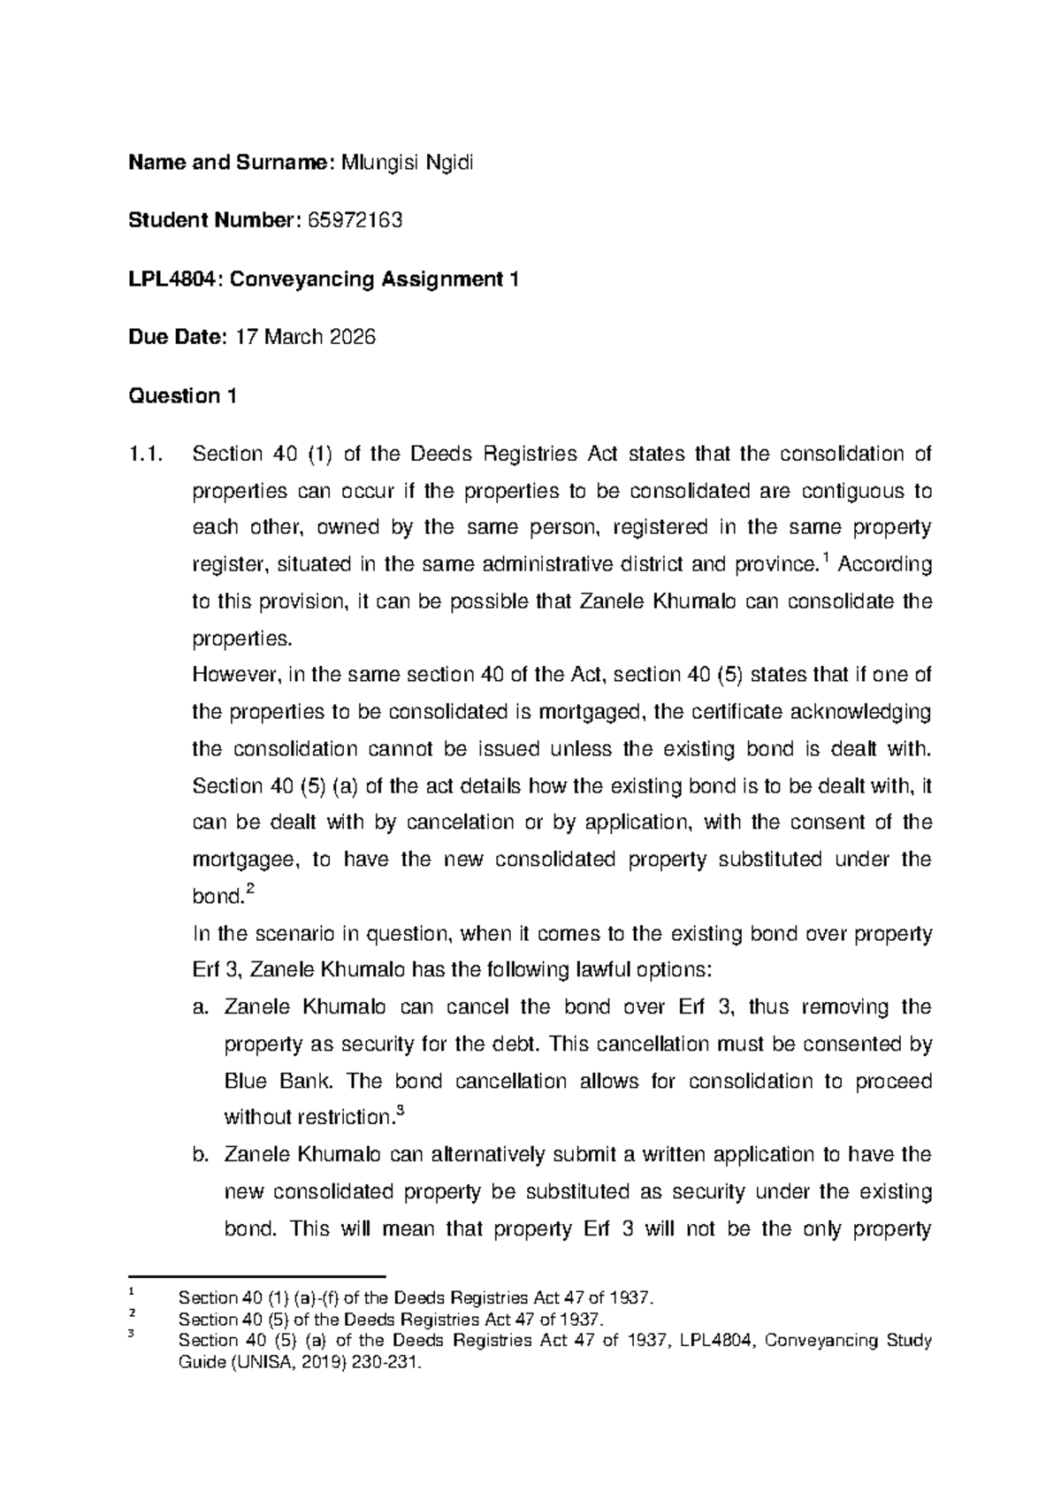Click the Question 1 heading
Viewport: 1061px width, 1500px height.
click(182, 395)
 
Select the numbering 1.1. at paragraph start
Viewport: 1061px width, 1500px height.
click(146, 455)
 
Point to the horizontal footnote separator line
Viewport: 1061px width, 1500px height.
click(258, 1277)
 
